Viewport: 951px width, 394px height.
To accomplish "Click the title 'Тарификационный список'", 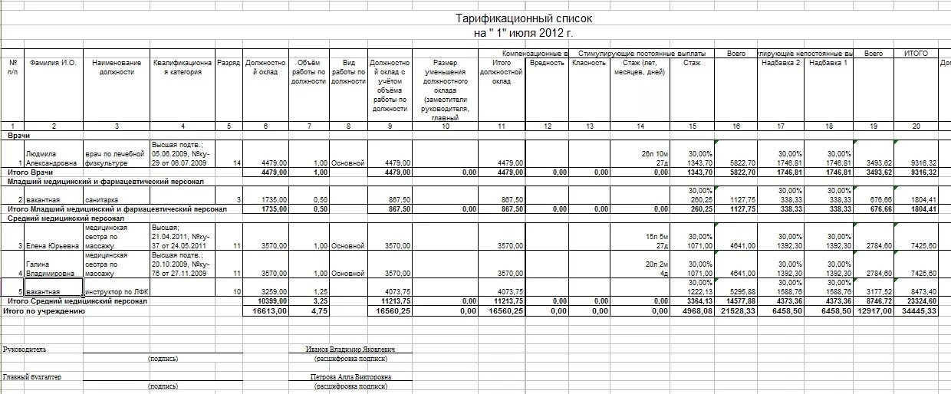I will [x=523, y=18].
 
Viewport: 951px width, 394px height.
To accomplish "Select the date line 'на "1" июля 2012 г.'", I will [x=523, y=33].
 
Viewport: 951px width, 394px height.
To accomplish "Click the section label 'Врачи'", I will [x=19, y=135].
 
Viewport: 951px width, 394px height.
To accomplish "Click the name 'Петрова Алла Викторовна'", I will [x=350, y=377].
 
